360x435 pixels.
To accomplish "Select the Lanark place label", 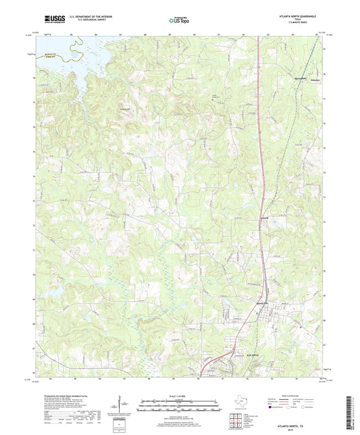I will point(265,217).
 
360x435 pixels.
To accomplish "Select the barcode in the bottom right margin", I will point(351,413).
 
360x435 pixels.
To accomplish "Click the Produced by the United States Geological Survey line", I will point(64,396).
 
